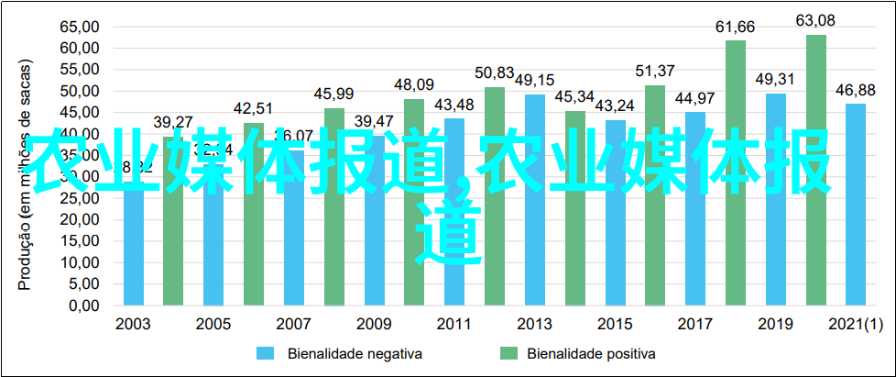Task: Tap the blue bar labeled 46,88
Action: pyautogui.click(x=856, y=204)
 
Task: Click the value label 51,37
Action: pyautogui.click(x=655, y=71)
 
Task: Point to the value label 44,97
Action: pyautogui.click(x=695, y=98)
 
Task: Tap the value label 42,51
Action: pyautogui.click(x=253, y=108)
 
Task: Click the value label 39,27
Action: pyautogui.click(x=173, y=122)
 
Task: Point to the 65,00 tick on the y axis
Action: pyautogui.click(x=79, y=27)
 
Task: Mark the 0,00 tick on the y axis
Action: pyautogui.click(x=82, y=305)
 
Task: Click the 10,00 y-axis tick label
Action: pyautogui.click(x=79, y=261)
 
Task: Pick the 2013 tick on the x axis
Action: pyautogui.click(x=534, y=324)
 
